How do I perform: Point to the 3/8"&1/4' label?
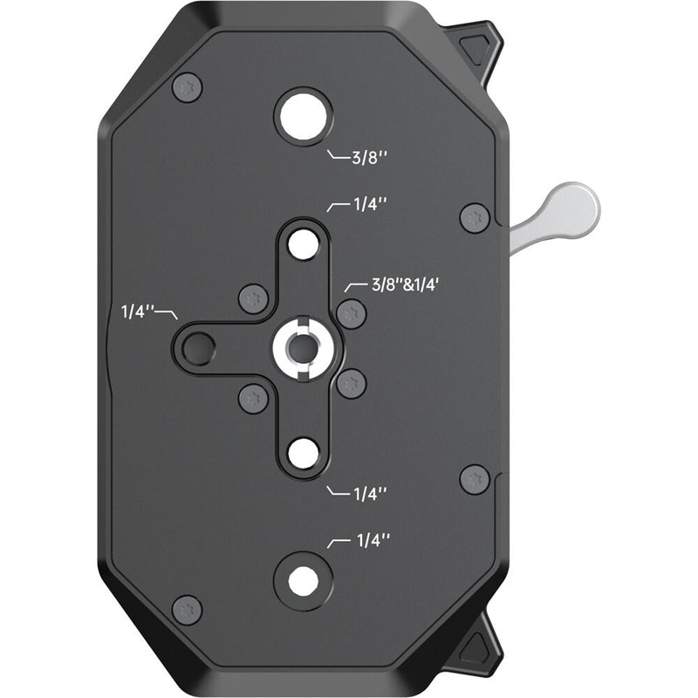397,285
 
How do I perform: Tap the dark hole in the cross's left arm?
197,347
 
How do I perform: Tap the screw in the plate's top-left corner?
188,87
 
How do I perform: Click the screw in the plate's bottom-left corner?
188,609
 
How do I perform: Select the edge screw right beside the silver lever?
475,216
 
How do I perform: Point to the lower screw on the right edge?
475,479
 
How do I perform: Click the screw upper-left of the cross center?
253,298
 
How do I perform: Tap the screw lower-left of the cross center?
253,399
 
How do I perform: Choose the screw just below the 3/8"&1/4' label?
351,312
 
